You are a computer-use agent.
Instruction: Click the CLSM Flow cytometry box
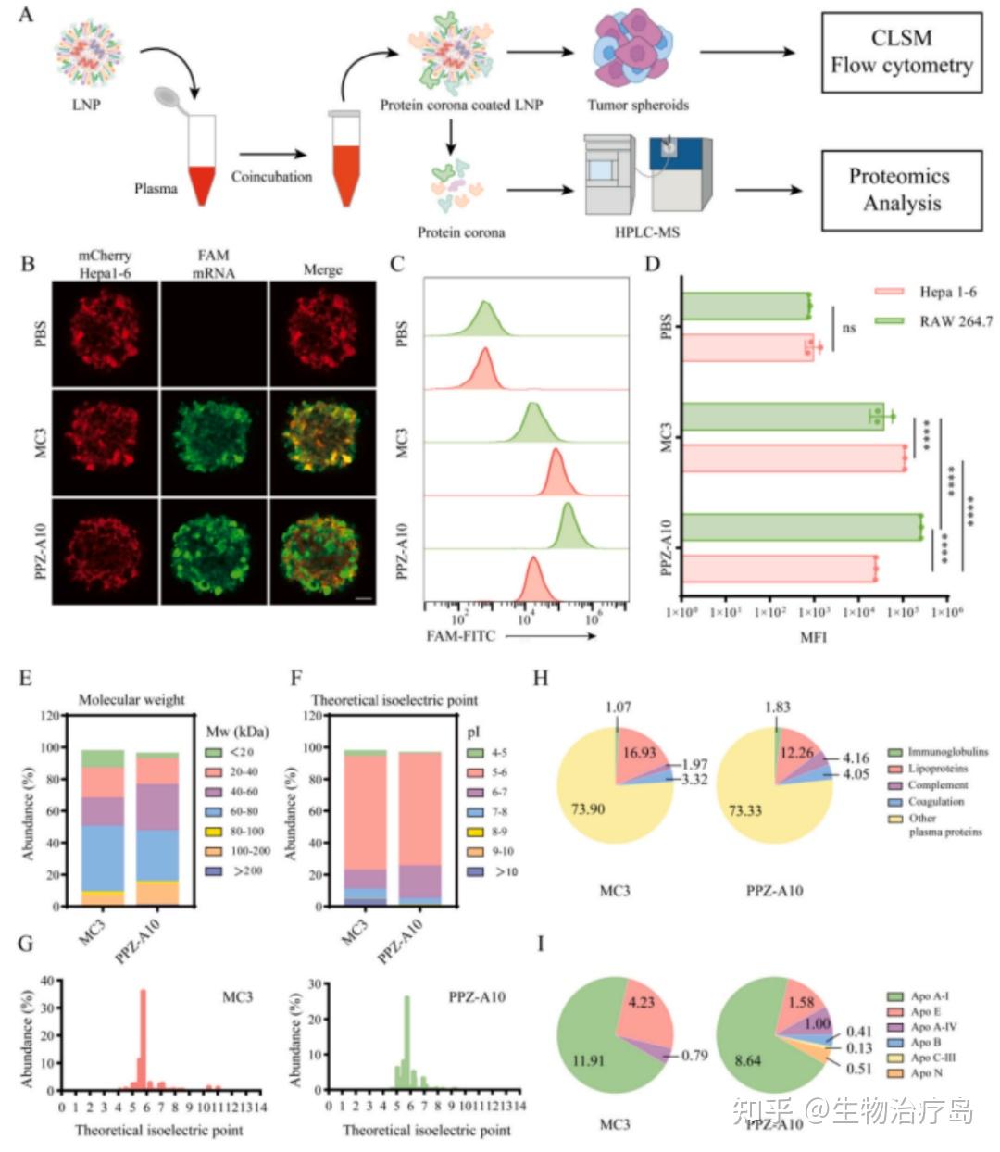[x=901, y=52]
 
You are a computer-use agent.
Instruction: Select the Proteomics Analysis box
[x=901, y=190]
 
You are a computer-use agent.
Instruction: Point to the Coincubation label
[x=271, y=177]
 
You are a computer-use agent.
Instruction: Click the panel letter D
[x=653, y=264]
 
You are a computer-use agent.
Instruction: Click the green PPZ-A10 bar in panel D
[x=802, y=527]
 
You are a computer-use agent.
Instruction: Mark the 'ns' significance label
[x=849, y=328]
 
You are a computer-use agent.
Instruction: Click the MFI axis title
[x=813, y=637]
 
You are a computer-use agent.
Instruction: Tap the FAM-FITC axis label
[x=461, y=636]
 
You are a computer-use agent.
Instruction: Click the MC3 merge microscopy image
[x=322, y=441]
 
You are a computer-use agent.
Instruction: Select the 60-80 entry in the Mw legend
[x=244, y=811]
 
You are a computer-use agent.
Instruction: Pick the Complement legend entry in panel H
[x=937, y=785]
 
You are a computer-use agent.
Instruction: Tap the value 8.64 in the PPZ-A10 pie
[x=746, y=1060]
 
